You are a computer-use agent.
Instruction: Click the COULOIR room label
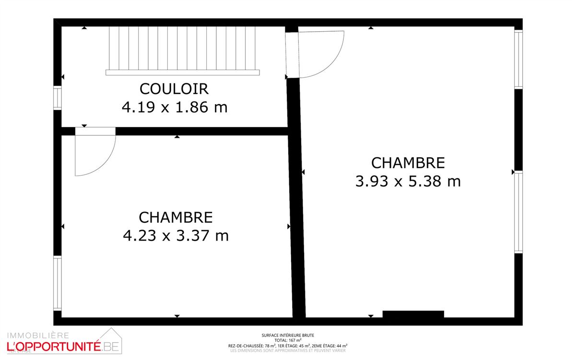174,89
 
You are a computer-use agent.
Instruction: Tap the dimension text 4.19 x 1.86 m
175,107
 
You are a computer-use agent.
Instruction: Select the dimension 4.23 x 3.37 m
176,236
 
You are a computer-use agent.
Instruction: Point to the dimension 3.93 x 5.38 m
408,181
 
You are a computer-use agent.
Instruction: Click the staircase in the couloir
182,49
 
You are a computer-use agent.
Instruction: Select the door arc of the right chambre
317,53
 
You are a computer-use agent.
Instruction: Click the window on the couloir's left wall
58,97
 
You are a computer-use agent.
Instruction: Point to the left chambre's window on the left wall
58,284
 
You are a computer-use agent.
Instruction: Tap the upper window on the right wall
518,60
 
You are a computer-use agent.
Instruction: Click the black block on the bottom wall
413,314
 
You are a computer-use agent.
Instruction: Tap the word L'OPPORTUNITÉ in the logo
53,345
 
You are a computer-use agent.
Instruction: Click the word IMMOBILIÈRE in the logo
38,335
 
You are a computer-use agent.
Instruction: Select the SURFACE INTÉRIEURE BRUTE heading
288,336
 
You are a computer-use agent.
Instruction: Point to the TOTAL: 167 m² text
288,340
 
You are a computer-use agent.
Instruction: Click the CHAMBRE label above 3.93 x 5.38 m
408,163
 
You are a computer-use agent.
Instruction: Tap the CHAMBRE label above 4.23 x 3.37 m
176,217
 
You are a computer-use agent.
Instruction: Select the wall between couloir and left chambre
201,131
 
